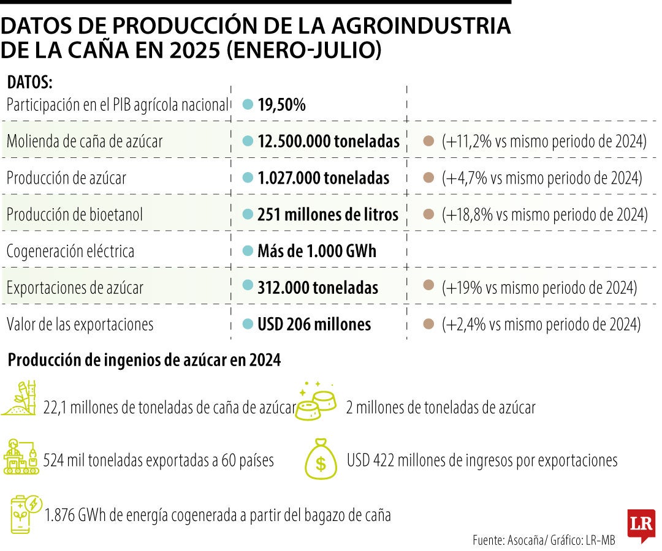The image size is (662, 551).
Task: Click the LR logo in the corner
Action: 641,525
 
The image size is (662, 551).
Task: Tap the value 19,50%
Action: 281,105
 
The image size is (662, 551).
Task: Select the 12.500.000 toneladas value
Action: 328,141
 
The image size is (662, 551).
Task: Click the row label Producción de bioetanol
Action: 75,214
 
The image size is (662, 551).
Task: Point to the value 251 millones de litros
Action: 328,214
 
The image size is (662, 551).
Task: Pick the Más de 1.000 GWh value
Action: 317,251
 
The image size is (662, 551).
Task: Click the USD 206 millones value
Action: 314,324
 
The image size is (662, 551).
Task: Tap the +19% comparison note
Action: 539,287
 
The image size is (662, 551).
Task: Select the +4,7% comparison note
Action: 541,178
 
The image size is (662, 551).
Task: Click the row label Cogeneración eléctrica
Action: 70,251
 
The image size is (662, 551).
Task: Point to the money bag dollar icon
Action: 321,459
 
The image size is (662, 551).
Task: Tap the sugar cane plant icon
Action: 22,398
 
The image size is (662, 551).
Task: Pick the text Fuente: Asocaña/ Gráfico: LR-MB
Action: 544,540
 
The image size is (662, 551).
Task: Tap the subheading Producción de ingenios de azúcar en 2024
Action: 144,361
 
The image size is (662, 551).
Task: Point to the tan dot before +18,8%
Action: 429,214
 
